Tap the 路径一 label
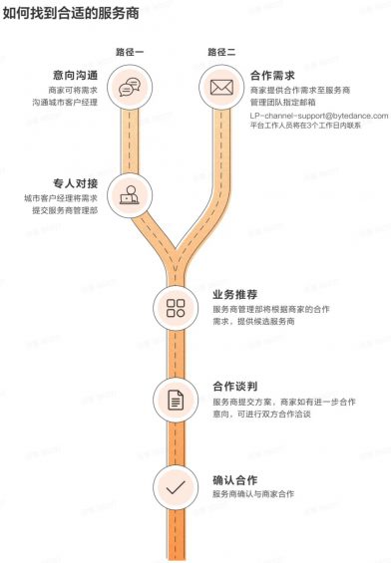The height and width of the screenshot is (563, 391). (x=130, y=51)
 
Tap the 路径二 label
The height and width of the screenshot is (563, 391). (x=221, y=51)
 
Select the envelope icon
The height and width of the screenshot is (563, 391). (x=221, y=88)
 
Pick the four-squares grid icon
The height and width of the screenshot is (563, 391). (x=176, y=307)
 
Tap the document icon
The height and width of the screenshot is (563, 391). (x=176, y=399)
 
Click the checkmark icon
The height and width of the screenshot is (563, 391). (x=176, y=487)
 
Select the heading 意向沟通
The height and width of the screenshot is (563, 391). (x=76, y=75)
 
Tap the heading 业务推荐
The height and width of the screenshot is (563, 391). (x=235, y=295)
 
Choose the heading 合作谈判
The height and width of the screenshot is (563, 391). (x=235, y=387)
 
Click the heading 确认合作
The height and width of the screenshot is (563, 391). (x=235, y=479)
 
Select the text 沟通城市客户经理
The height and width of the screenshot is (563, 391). (x=65, y=103)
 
